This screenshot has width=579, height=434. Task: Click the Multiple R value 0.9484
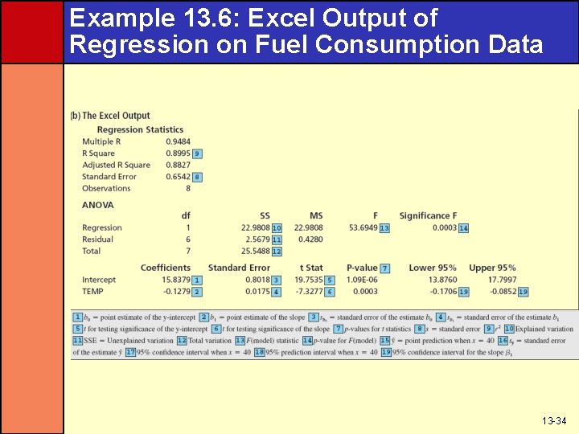pyautogui.click(x=178, y=141)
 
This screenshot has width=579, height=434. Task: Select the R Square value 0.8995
pyautogui.click(x=178, y=153)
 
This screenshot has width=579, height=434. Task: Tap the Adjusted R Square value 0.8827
pyautogui.click(x=178, y=165)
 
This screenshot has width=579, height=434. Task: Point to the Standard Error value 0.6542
pyautogui.click(x=178, y=176)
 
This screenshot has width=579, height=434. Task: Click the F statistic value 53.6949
pyautogui.click(x=362, y=227)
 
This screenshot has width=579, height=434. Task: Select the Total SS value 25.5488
pyautogui.click(x=253, y=251)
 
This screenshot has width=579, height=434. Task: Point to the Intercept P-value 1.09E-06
pyautogui.click(x=362, y=280)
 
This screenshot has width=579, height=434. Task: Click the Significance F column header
pyautogui.click(x=428, y=215)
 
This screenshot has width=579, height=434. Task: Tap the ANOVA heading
pyautogui.click(x=98, y=205)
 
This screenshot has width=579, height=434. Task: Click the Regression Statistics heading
pyautogui.click(x=140, y=129)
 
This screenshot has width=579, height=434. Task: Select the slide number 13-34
pyautogui.click(x=553, y=420)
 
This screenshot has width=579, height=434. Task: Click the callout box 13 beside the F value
pyautogui.click(x=384, y=228)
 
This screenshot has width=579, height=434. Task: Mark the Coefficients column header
pyautogui.click(x=166, y=268)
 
